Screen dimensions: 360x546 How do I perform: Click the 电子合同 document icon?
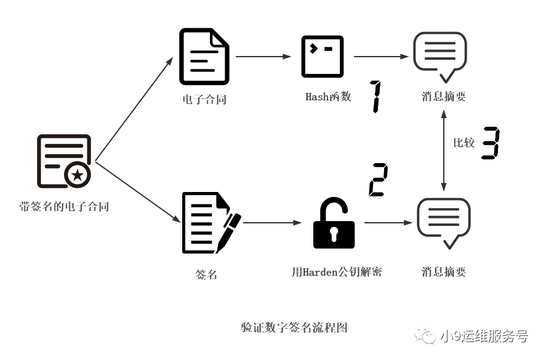pyautogui.click(x=204, y=57)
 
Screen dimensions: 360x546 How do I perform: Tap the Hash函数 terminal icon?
pyautogui.click(x=322, y=56)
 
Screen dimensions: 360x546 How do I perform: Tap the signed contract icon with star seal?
pyautogui.click(x=64, y=161)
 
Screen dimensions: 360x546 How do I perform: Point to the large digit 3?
pyautogui.click(x=490, y=143)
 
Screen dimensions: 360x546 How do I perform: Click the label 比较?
pyautogui.click(x=464, y=143)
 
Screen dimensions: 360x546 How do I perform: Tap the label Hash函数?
pyautogui.click(x=328, y=97)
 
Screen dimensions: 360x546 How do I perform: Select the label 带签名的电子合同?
pyautogui.click(x=64, y=207)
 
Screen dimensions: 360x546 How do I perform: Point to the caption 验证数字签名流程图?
pyautogui.click(x=294, y=327)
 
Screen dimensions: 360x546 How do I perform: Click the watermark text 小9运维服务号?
pyautogui.click(x=484, y=337)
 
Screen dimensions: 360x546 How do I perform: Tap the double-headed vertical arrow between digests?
pyautogui.click(x=444, y=148)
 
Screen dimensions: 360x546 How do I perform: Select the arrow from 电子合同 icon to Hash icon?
pyautogui.click(x=263, y=57)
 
